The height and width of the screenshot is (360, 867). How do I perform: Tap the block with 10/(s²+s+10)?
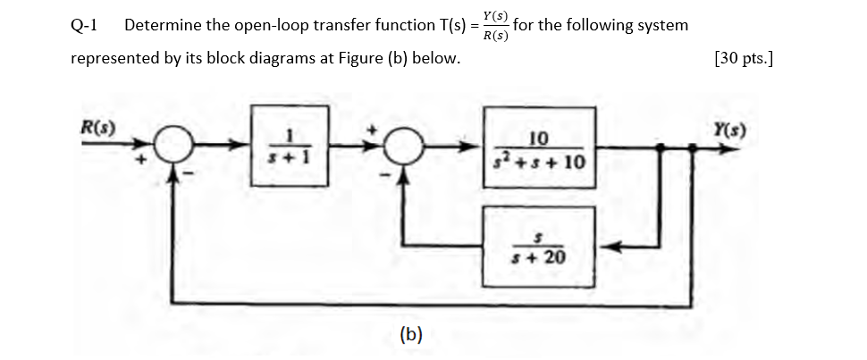539,147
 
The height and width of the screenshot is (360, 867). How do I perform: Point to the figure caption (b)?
410,335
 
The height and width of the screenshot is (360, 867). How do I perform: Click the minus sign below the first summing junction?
186,173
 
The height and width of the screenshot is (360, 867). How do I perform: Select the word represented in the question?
114,60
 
